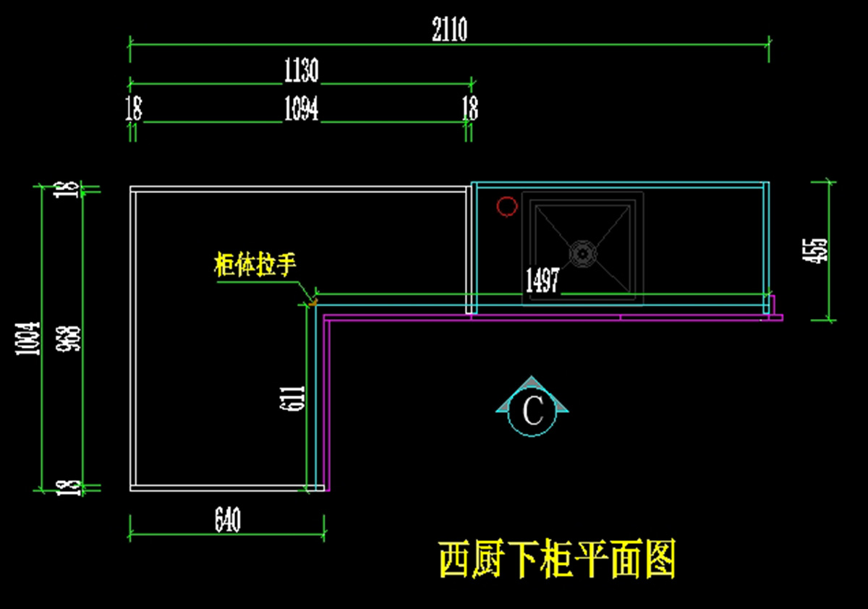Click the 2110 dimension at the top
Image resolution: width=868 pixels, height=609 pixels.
(x=449, y=29)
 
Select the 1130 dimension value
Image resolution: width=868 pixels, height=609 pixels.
(x=302, y=69)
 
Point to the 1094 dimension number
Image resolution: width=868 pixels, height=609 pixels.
(x=302, y=108)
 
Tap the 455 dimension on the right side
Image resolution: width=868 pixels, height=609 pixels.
(x=815, y=251)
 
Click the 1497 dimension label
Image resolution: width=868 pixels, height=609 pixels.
(x=542, y=280)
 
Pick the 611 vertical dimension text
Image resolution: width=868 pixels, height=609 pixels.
(x=292, y=398)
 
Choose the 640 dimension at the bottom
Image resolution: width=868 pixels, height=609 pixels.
(x=227, y=519)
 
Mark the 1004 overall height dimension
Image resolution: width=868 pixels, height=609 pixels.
(x=27, y=338)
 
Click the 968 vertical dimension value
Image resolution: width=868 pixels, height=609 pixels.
(x=68, y=338)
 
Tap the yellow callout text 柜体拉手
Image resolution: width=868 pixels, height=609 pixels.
(x=255, y=265)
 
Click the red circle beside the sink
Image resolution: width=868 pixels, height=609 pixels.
(x=507, y=206)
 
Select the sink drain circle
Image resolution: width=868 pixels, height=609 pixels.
(x=582, y=254)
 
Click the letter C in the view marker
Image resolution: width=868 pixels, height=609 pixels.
(x=533, y=411)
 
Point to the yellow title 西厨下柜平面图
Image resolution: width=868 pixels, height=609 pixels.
(x=558, y=560)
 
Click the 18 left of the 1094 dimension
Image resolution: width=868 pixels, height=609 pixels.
(x=134, y=108)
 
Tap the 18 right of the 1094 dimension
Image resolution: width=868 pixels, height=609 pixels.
(x=470, y=108)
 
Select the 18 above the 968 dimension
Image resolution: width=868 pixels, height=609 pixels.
(x=67, y=189)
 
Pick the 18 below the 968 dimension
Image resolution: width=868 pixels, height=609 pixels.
(x=69, y=487)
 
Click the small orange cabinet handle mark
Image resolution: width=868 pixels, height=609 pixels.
(x=313, y=302)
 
